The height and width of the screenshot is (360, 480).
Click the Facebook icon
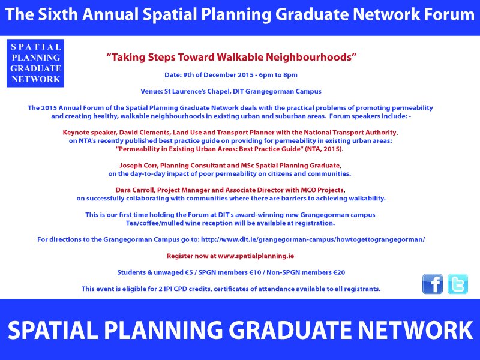pos(433,284)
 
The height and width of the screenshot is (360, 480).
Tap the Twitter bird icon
pos(458,284)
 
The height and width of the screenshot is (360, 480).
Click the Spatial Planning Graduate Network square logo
pos(35,63)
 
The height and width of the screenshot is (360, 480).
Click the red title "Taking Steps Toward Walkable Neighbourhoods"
pos(232,58)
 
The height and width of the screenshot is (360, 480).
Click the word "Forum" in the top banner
pos(444,16)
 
